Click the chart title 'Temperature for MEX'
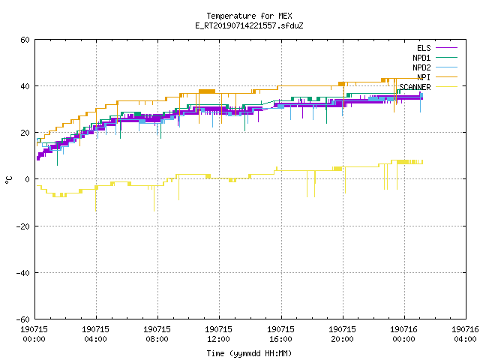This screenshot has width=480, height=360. (249, 16)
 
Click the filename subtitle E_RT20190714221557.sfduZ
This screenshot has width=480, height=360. (249, 25)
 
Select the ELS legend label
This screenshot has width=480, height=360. (424, 48)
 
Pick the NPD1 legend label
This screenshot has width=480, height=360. (421, 58)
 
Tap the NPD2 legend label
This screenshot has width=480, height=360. (421, 67)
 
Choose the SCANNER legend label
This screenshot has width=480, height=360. (415, 87)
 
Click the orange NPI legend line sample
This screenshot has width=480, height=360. (446, 77)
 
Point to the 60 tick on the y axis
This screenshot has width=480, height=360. (25, 40)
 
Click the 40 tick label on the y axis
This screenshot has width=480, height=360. (25, 86)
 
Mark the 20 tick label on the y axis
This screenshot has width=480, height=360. (25, 133)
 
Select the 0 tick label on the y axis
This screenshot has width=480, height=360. (28, 179)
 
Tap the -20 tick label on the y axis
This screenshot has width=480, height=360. (23, 226)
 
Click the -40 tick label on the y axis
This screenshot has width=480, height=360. (23, 273)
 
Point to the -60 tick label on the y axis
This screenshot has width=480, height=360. (23, 319)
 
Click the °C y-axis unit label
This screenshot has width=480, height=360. (8, 180)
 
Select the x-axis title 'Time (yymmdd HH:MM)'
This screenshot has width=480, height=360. (249, 353)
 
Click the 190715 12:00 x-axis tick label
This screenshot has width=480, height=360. (218, 334)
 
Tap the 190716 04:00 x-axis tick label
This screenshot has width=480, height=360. (465, 334)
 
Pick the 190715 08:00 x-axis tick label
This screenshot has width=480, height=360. (157, 334)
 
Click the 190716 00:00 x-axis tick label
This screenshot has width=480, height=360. (403, 334)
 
